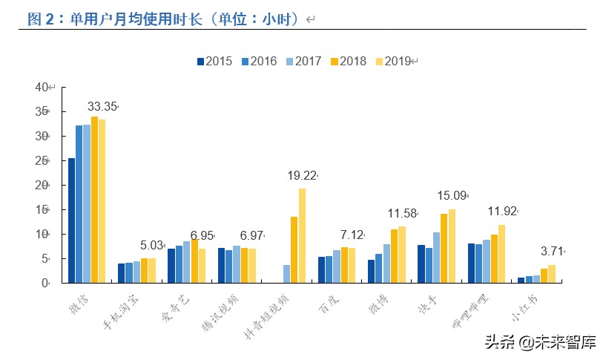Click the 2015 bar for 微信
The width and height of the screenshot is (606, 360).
(71, 220)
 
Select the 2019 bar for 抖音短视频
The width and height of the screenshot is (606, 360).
(302, 235)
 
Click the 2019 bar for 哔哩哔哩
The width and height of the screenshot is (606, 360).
(502, 253)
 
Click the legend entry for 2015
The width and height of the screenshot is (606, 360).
(214, 61)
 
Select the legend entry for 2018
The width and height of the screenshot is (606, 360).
(348, 61)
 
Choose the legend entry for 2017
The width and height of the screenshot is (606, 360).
(303, 61)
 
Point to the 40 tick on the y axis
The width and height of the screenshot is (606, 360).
(42, 87)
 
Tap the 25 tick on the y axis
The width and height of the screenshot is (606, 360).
(42, 160)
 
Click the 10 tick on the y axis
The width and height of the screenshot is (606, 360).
(42, 234)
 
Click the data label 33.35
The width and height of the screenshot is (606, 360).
(102, 107)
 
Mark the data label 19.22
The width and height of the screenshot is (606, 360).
(302, 176)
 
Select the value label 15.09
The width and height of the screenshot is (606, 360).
(452, 197)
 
